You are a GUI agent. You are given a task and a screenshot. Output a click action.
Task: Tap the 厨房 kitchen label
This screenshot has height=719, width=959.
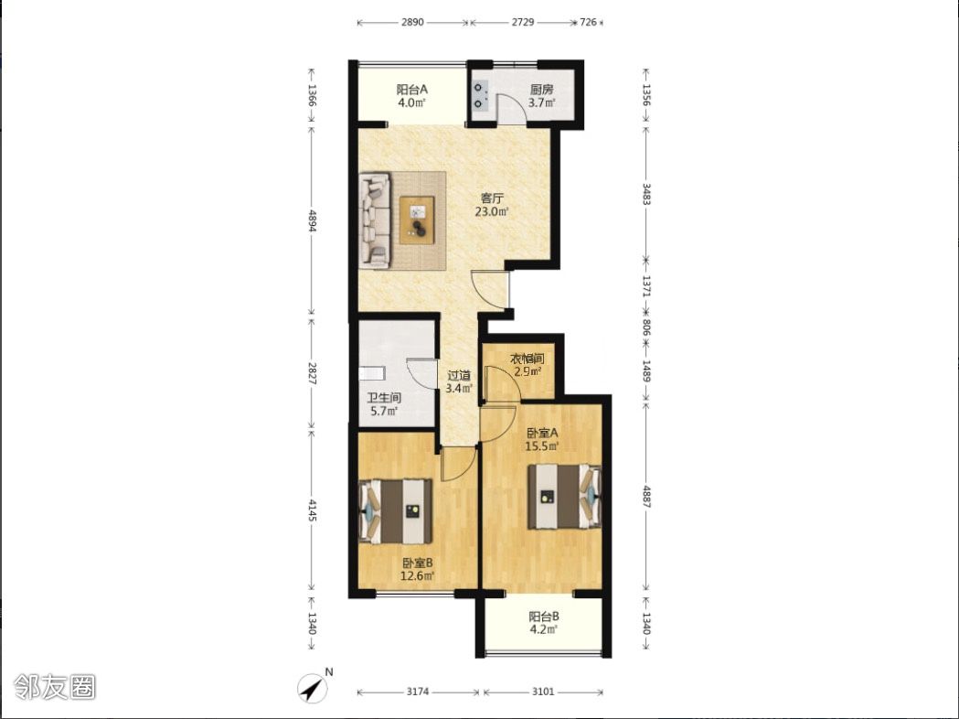point(542,89)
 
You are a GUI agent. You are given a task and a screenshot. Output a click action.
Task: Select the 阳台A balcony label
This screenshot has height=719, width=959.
point(412,89)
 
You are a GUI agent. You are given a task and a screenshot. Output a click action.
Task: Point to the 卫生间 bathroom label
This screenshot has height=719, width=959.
point(384,398)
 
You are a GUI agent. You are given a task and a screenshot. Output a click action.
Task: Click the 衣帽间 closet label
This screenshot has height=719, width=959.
point(527,359)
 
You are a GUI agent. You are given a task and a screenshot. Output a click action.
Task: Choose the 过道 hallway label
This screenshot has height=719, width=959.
point(459,375)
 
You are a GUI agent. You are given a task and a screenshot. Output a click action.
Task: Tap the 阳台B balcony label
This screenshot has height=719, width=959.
point(544,617)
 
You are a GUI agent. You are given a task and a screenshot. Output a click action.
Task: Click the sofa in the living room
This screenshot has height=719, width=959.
point(375,220)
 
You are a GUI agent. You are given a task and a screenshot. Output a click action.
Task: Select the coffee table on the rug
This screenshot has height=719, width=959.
point(417,220)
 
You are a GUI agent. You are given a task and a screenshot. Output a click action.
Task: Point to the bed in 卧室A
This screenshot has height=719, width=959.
point(564,497)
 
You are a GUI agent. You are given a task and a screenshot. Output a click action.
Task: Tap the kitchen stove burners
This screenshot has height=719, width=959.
point(479,96)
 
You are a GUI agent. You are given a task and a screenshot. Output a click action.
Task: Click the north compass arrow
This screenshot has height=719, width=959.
point(313,689)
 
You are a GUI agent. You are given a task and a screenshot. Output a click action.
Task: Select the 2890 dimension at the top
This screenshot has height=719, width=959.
point(412,23)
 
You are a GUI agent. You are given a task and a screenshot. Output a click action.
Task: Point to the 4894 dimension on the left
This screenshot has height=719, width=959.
point(312,220)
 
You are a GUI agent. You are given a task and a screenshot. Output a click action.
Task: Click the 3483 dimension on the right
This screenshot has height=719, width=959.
point(646,193)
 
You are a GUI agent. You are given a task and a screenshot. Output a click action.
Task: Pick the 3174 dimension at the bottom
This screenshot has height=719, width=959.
point(418,692)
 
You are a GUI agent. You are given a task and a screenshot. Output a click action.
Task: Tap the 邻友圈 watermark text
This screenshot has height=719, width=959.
point(55,687)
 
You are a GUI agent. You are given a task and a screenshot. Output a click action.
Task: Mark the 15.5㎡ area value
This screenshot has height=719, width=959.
point(542,446)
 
